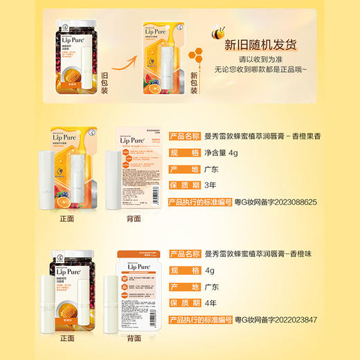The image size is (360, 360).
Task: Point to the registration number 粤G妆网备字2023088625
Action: pos(276,202)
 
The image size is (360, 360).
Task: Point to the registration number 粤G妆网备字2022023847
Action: pos(276,320)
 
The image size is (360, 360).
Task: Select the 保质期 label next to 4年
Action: pos(185,303)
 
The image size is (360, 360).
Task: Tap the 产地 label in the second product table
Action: pos(185,286)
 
